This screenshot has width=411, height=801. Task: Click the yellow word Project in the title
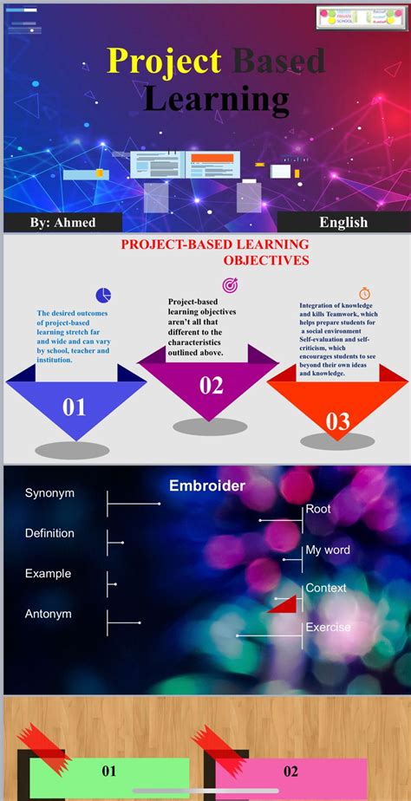[x=164, y=61]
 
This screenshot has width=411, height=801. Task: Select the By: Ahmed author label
[x=62, y=223]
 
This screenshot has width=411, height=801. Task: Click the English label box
[x=343, y=222]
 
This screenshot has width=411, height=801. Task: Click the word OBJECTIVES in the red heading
[x=266, y=259]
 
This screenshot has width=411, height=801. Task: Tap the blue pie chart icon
[x=103, y=295]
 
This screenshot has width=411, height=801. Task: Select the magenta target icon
[x=230, y=285]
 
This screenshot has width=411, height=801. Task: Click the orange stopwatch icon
[x=364, y=294]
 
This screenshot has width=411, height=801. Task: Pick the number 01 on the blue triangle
[x=75, y=407]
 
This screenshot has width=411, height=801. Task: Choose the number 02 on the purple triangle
[x=212, y=386]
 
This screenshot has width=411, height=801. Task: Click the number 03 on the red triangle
[x=337, y=421]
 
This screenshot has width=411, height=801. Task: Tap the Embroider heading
[x=206, y=486]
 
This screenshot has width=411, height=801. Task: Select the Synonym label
[x=49, y=493]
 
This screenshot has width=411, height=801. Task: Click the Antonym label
[x=49, y=614]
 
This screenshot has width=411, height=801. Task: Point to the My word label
[x=328, y=550]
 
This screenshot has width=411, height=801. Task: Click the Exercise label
[x=328, y=627]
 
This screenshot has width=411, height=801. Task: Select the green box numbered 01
[x=109, y=772]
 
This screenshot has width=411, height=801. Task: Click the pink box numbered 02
[x=290, y=772]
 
